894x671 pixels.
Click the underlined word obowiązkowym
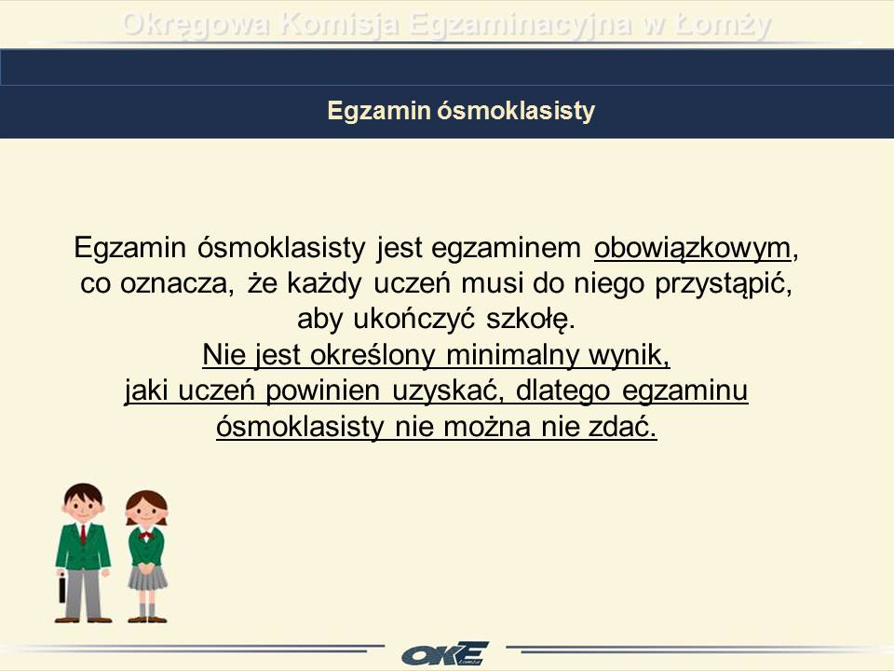[692, 248]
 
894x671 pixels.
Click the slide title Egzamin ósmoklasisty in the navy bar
[461, 110]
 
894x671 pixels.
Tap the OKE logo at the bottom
[445, 653]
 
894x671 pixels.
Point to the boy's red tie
[83, 534]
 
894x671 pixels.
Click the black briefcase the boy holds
[62, 589]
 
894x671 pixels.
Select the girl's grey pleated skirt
[147, 578]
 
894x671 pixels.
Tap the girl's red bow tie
[146, 536]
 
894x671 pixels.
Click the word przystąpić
[724, 283]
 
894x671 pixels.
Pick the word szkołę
[530, 319]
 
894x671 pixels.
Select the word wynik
[629, 355]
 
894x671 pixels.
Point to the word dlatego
[563, 390]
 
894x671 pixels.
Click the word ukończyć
[413, 319]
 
